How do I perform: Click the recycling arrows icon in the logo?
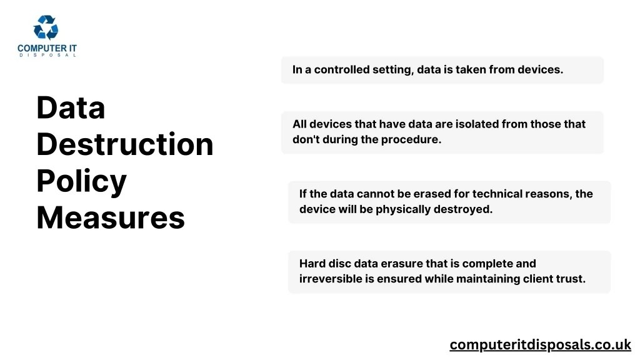pyautogui.click(x=46, y=28)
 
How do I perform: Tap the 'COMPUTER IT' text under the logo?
pyautogui.click(x=47, y=48)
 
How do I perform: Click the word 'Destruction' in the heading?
pyautogui.click(x=125, y=144)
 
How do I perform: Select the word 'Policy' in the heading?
pyautogui.click(x=81, y=181)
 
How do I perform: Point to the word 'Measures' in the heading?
pyautogui.click(x=111, y=218)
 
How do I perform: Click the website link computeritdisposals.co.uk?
pyautogui.click(x=540, y=344)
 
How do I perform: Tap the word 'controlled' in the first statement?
pyautogui.click(x=341, y=70)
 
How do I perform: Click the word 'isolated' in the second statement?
pyautogui.click(x=478, y=124)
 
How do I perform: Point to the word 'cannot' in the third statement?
pyautogui.click(x=374, y=194)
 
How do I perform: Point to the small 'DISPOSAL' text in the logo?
pyautogui.click(x=47, y=55)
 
